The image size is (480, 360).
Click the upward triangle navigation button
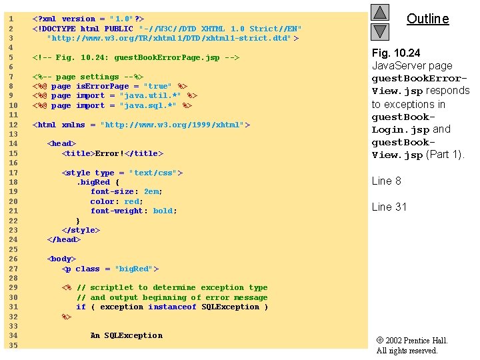tap(379, 13)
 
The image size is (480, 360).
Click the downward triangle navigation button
tap(379, 31)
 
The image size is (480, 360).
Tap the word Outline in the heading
tap(427, 19)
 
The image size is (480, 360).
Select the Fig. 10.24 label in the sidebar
tap(396, 53)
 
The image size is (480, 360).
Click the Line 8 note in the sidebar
tap(386, 181)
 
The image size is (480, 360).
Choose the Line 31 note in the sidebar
tap(389, 207)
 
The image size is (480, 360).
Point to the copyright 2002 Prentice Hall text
tap(412, 341)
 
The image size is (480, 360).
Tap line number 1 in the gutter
tap(11, 19)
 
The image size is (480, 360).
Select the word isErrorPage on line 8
tap(103, 87)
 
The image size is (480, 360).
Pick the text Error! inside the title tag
tap(109, 154)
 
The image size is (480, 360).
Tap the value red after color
tap(131, 201)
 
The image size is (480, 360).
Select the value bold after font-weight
tap(163, 211)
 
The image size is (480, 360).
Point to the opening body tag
tap(61, 259)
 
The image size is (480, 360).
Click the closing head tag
tap(63, 240)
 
